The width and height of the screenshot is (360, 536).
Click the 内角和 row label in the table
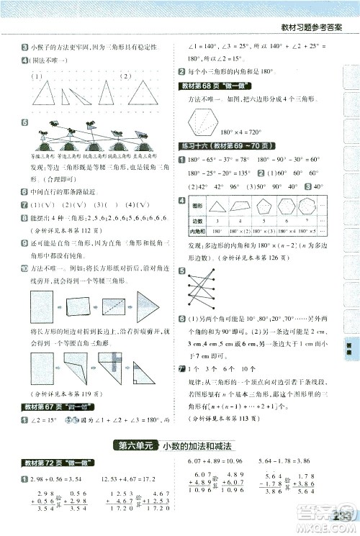point(196,232)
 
